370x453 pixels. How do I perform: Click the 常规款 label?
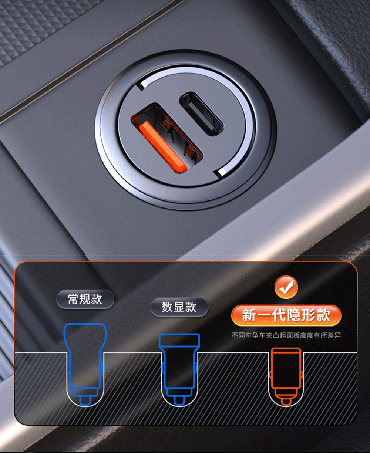85,299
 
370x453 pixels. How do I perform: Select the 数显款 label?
179,307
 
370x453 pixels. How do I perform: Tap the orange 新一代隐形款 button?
286,315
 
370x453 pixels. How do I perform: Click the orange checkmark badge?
286,287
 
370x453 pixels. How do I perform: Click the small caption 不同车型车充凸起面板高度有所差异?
286,336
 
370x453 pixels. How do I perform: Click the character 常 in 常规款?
73,299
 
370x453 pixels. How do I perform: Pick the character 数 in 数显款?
168,307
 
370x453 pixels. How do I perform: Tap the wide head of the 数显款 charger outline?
179,341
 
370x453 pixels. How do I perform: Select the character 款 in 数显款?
191,307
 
